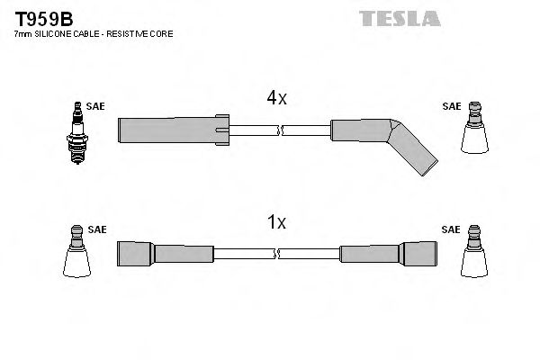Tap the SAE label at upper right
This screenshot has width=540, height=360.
[x=451, y=105]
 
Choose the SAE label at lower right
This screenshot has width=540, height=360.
[x=451, y=229]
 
